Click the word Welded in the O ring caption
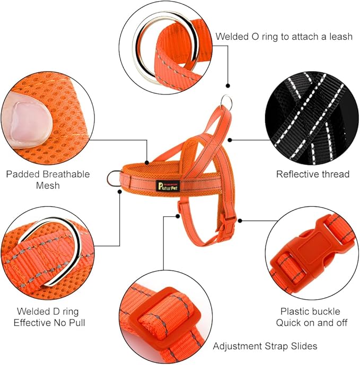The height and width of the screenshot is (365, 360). coord(233,37)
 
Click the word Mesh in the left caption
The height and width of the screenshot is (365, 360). coord(48,186)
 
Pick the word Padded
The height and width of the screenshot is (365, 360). coord(24,174)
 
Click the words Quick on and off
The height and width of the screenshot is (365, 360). coord(310,323)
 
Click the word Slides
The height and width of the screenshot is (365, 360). coord(302,346)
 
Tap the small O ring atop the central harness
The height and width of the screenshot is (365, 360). coord(227,100)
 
